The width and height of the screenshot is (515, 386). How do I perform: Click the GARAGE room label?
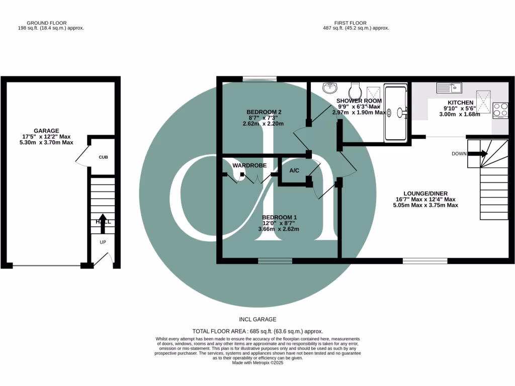tap(46, 130)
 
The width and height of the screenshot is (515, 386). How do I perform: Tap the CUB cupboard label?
tap(103, 157)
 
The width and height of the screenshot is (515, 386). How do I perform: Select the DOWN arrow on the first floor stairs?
tap(478, 154)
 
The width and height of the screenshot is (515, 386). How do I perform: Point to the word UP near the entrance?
tap(103, 242)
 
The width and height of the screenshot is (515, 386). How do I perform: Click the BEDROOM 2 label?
tap(264, 112)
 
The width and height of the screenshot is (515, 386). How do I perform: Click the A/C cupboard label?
tap(294, 171)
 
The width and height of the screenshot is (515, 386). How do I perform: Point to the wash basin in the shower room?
tap(329, 87)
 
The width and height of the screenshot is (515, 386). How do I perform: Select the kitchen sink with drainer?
tap(450, 88)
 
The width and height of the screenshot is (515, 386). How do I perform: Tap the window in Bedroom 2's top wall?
tap(259, 79)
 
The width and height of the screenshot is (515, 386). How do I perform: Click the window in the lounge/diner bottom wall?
tap(425, 261)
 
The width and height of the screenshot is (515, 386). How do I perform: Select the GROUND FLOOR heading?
tap(48, 23)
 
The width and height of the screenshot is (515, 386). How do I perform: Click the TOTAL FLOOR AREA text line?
tap(257, 331)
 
